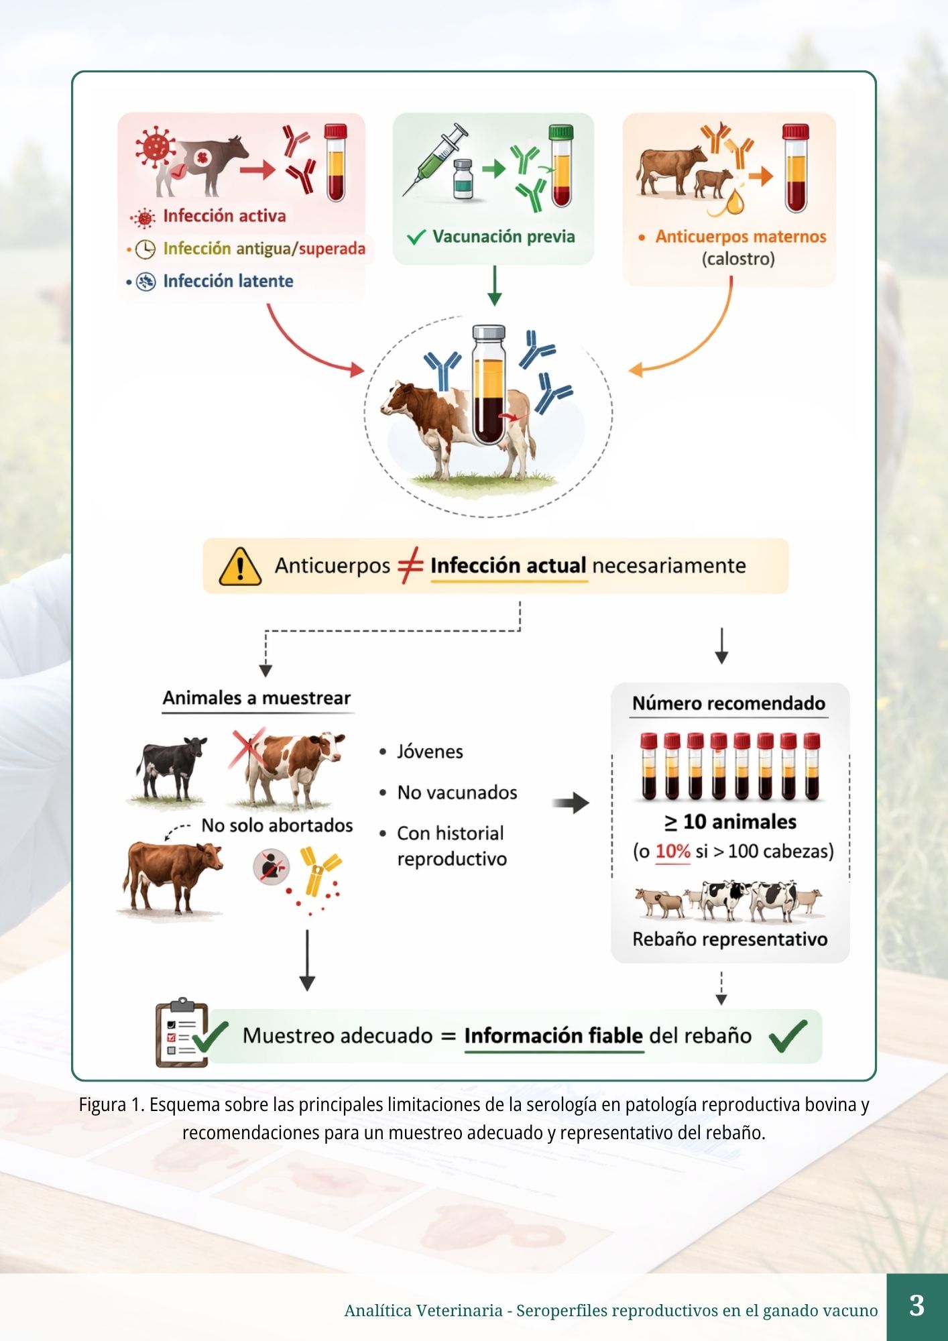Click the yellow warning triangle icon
pyautogui.click(x=240, y=567)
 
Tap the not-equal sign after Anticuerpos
pyautogui.click(x=410, y=565)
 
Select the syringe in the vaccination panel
pyautogui.click(x=435, y=160)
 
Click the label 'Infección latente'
pyautogui.click(x=228, y=281)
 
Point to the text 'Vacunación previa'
pyautogui.click(x=503, y=237)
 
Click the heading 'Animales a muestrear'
pyautogui.click(x=257, y=698)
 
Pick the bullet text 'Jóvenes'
pyautogui.click(x=430, y=752)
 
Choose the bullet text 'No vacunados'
pyautogui.click(x=457, y=793)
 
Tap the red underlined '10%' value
pyautogui.click(x=672, y=852)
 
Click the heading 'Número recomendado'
pyautogui.click(x=729, y=703)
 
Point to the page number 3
pyautogui.click(x=916, y=1305)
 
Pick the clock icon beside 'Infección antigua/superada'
pyautogui.click(x=145, y=249)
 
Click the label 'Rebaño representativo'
pyautogui.click(x=729, y=939)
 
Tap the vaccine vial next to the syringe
pyautogui.click(x=463, y=179)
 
